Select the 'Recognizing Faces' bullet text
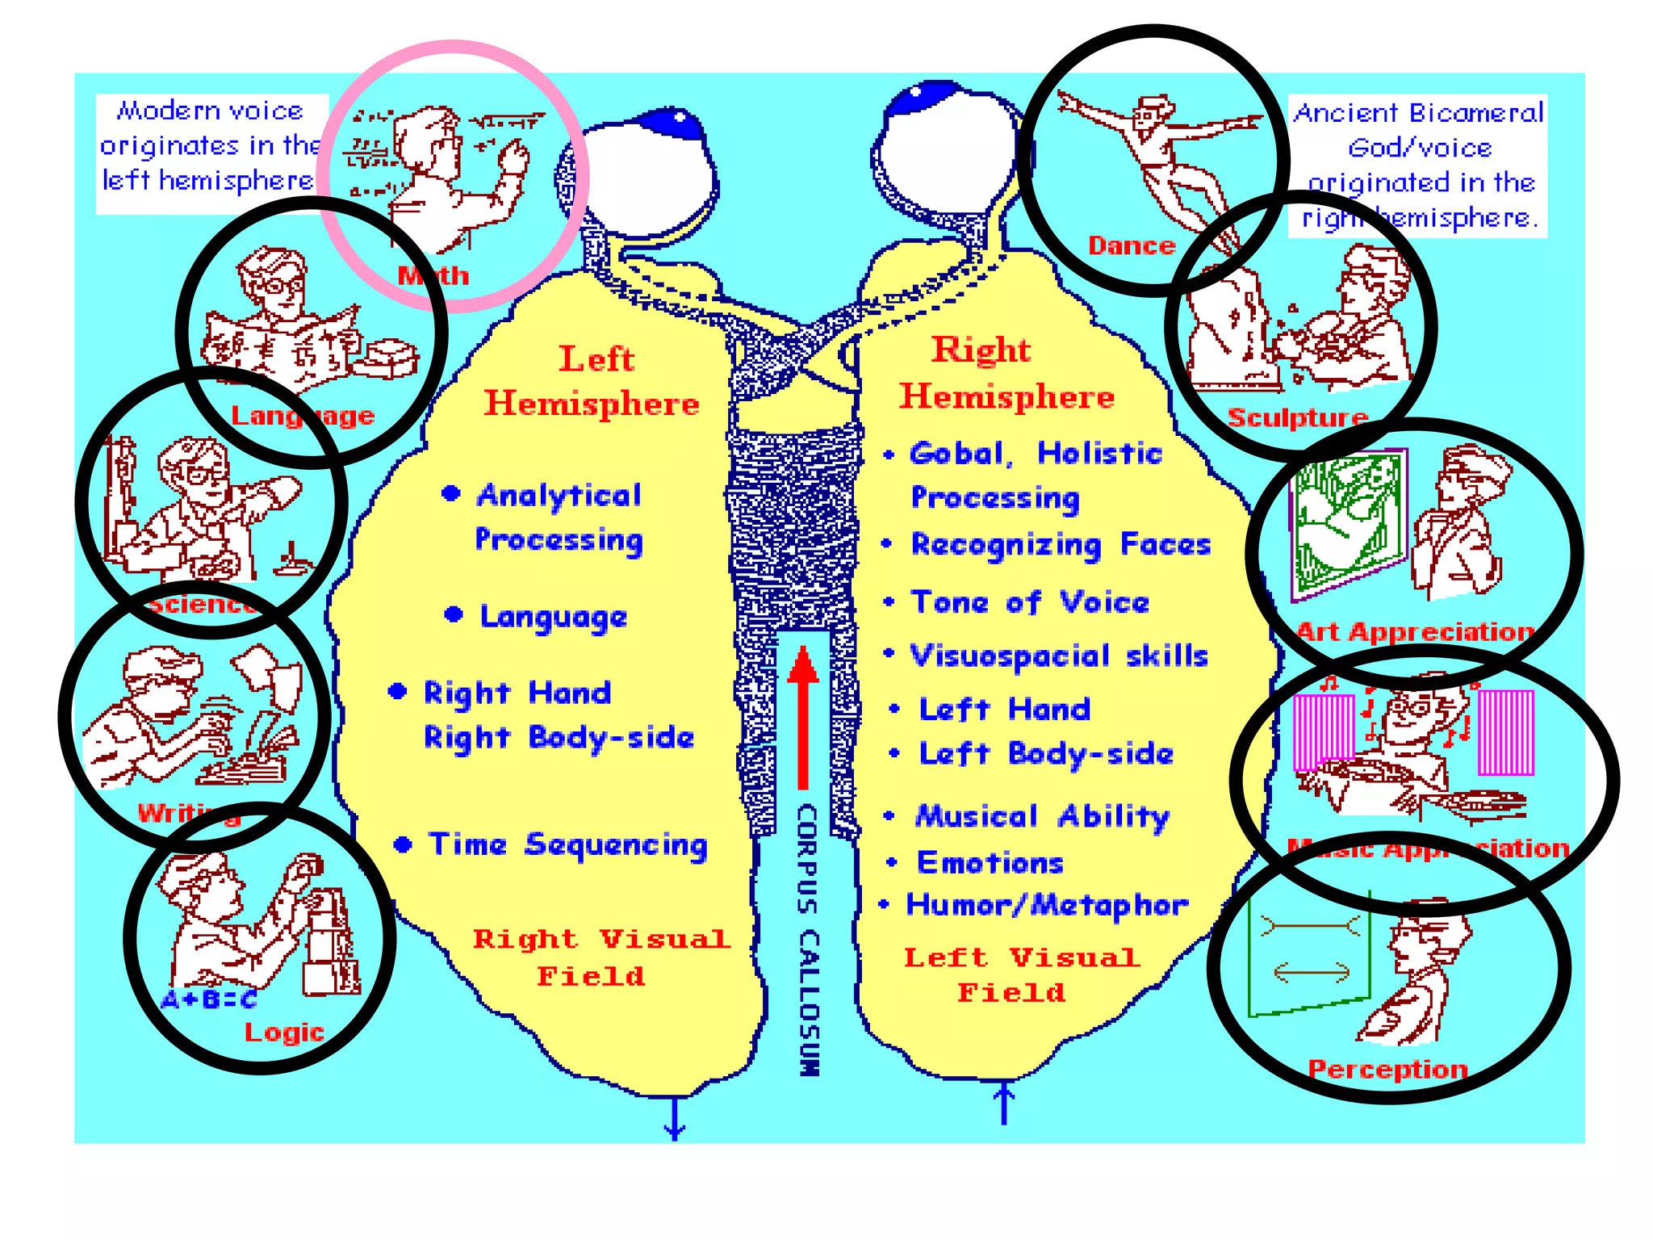(1060, 545)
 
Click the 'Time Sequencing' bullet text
(567, 845)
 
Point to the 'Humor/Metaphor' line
(1047, 905)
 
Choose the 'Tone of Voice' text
(1030, 602)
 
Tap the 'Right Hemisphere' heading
(1006, 374)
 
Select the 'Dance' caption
(1131, 245)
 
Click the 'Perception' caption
(1387, 1069)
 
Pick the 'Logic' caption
(284, 1032)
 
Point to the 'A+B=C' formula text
(208, 999)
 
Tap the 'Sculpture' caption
(1297, 417)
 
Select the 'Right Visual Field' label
(601, 957)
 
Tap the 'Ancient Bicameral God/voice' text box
(1418, 166)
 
